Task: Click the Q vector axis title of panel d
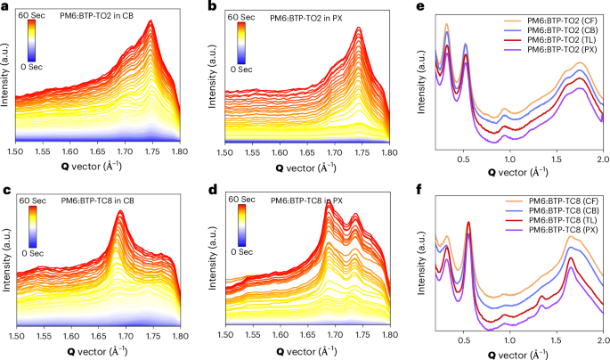coord(307,350)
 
